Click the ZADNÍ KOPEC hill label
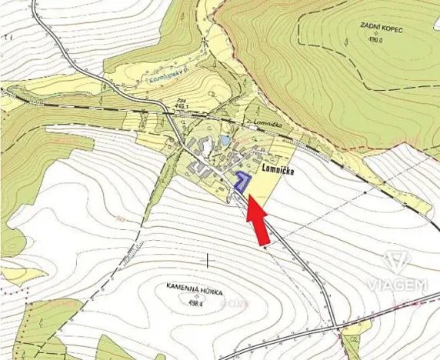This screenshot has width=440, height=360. (381, 28)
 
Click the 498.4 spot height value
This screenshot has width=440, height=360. (196, 302)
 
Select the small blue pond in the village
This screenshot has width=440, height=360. (224, 142)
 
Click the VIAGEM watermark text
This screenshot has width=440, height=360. (396, 285)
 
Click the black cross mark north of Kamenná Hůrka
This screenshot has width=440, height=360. (207, 261)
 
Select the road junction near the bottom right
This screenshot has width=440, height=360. (336, 328)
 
